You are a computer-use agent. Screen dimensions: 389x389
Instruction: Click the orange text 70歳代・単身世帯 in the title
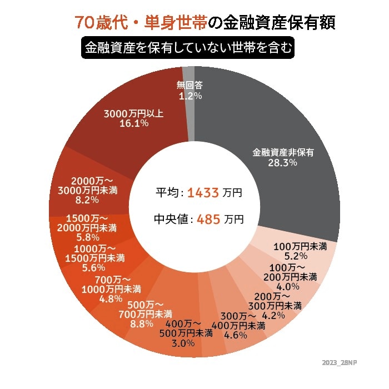pyautogui.click(x=141, y=23)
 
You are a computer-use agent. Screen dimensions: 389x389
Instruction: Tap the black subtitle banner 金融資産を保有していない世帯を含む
pyautogui.click(x=187, y=48)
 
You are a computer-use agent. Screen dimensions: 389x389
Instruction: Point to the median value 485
pyautogui.click(x=208, y=219)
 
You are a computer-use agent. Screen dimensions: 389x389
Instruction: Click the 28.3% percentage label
pyautogui.click(x=283, y=163)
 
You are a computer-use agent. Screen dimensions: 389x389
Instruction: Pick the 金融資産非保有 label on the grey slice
pyautogui.click(x=283, y=152)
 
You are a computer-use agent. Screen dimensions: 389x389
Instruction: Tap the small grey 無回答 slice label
pyautogui.click(x=189, y=86)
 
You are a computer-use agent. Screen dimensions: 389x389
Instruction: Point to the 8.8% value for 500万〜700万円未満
pyautogui.click(x=139, y=324)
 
